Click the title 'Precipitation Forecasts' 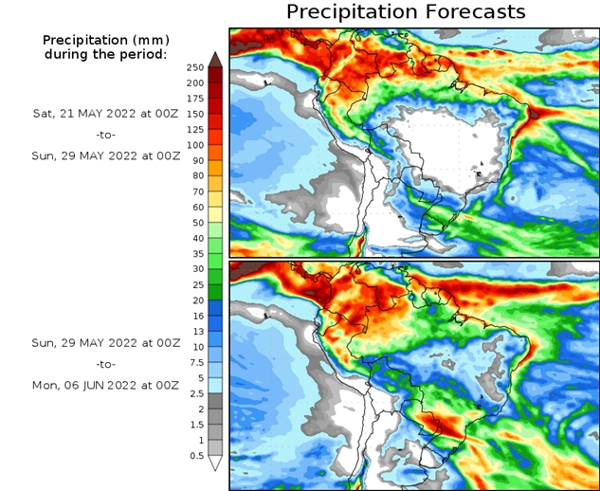pyautogui.click(x=405, y=12)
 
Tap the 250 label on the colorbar pyautogui.click(x=194, y=67)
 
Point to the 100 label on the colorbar pyautogui.click(x=194, y=145)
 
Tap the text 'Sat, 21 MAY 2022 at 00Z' pyautogui.click(x=105, y=112)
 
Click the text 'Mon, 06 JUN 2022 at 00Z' pyautogui.click(x=105, y=386)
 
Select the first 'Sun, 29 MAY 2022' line pyautogui.click(x=105, y=155)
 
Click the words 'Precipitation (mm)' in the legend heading pyautogui.click(x=105, y=40)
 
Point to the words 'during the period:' pyautogui.click(x=105, y=54)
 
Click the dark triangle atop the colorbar pyautogui.click(x=215, y=59)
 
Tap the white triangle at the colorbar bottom pyautogui.click(x=215, y=464)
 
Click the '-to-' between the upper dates pyautogui.click(x=105, y=134)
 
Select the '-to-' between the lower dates pyautogui.click(x=105, y=364)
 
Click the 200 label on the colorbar pyautogui.click(x=194, y=83)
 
